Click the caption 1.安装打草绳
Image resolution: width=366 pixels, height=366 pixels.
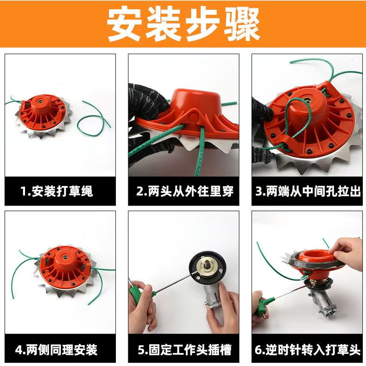click(57, 191)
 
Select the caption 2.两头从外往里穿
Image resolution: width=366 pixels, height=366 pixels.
click(185, 191)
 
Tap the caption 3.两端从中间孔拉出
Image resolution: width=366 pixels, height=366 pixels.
click(308, 191)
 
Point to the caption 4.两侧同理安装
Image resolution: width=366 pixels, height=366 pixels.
click(56, 350)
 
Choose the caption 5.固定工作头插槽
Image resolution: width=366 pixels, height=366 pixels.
click(184, 350)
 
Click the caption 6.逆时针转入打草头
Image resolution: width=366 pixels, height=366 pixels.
click(308, 350)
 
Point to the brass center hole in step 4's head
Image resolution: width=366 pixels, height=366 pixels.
click(65, 256)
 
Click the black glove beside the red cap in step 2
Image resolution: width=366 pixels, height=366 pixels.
click(149, 101)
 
